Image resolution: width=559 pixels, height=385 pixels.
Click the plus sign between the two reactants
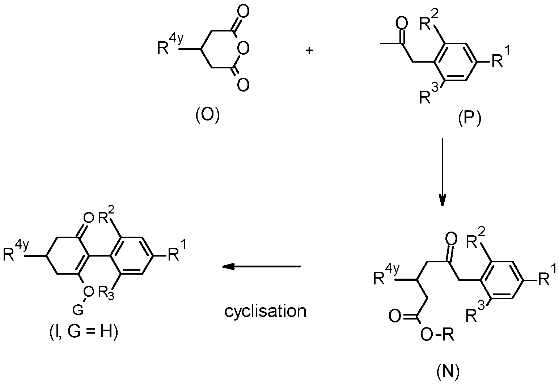309,51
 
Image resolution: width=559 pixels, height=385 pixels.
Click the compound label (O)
208,116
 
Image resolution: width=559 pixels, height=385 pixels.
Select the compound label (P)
469,119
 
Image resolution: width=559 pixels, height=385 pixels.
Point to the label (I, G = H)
84,332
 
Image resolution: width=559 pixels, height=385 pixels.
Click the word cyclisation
265,312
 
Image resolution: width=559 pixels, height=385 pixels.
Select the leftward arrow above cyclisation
262,266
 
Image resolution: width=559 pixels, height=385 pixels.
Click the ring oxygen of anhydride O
243,48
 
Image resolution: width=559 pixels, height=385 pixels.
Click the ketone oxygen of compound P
402,23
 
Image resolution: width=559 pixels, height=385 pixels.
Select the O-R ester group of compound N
437,335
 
